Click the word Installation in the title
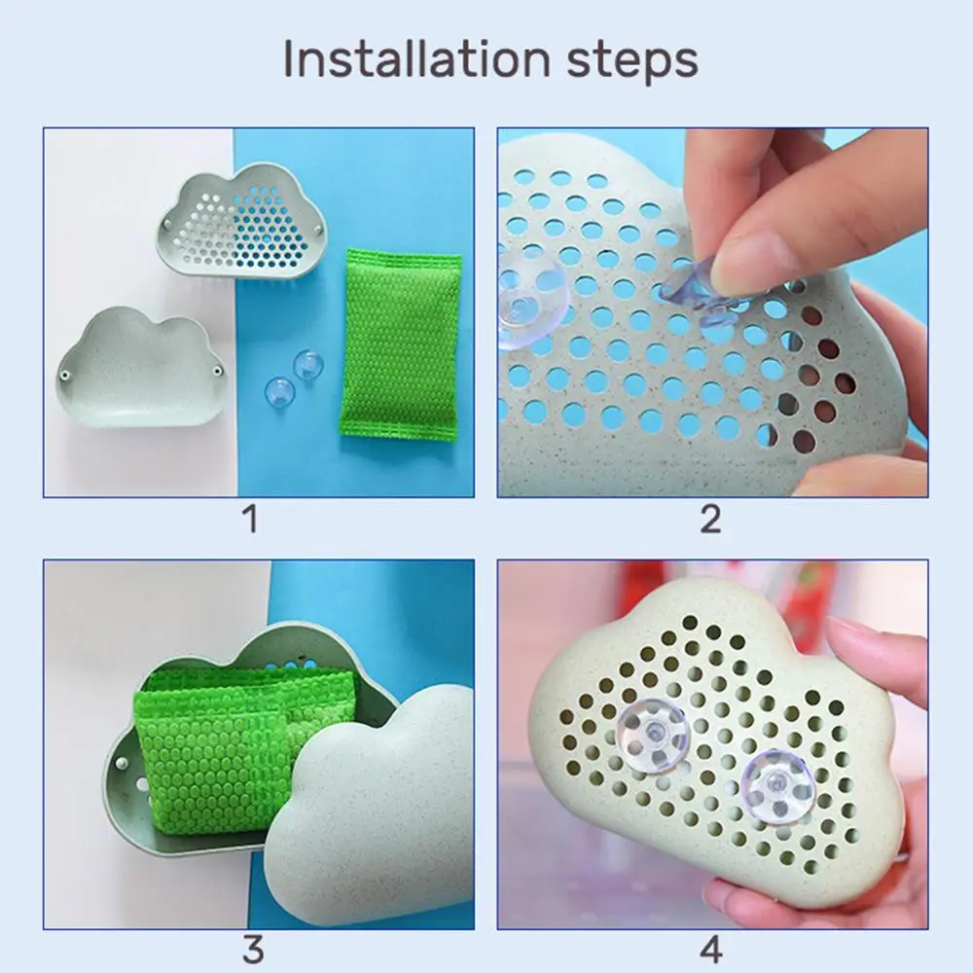tap(417, 59)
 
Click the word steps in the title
tap(633, 61)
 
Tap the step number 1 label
tap(250, 519)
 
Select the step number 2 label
tap(711, 519)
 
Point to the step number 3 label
tap(253, 950)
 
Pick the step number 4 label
tap(711, 950)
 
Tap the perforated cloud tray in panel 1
tap(241, 223)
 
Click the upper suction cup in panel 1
tap(307, 364)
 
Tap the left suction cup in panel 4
tap(654, 735)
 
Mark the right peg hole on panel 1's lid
tap(217, 371)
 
